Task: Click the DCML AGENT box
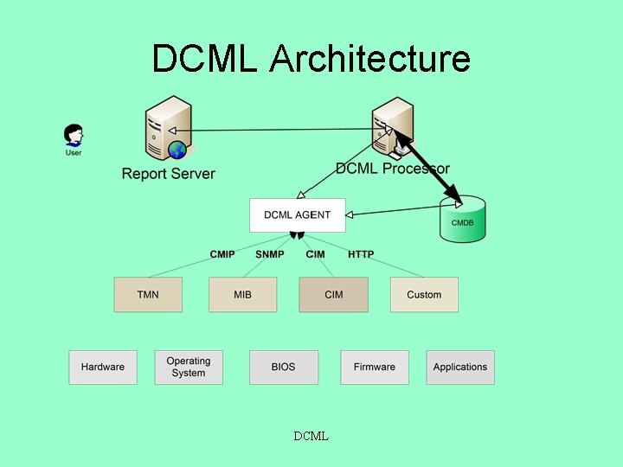(x=297, y=214)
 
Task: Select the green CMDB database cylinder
(x=462, y=220)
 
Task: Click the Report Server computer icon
(x=168, y=129)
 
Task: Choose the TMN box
(x=148, y=295)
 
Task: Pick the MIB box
(x=242, y=295)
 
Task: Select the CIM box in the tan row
(x=333, y=295)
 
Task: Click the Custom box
(x=424, y=295)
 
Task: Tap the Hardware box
(x=103, y=367)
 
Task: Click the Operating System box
(x=189, y=367)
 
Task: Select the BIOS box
(x=283, y=367)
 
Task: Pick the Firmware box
(x=374, y=367)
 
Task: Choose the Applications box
(x=460, y=367)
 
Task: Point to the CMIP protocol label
(x=222, y=254)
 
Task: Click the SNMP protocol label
(x=269, y=254)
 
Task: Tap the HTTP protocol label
(x=361, y=254)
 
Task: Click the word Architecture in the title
(x=369, y=59)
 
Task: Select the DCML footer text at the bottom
(x=311, y=436)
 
